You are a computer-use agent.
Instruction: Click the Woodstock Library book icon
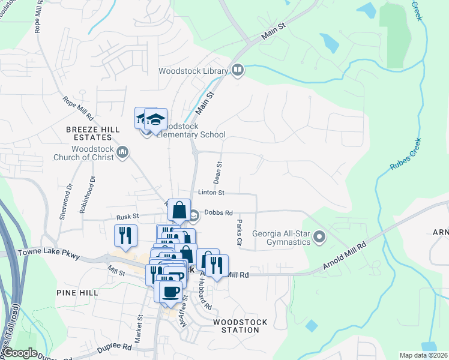(237, 71)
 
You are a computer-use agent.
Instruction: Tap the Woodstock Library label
(193, 71)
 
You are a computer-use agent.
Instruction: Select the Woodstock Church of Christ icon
(122, 152)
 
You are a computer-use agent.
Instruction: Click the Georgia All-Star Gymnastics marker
(320, 238)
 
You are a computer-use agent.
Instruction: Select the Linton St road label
(212, 193)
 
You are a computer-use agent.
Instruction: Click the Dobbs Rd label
(218, 212)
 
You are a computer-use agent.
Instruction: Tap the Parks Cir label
(240, 233)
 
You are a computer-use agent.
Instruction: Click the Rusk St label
(127, 216)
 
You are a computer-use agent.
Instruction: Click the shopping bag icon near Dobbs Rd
(179, 211)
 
